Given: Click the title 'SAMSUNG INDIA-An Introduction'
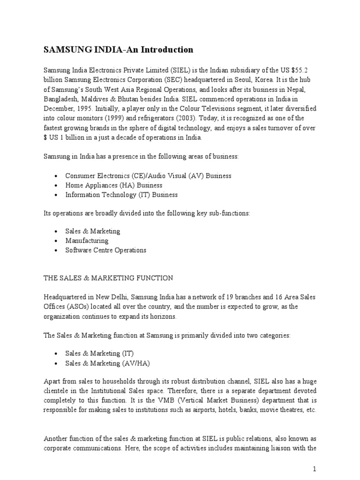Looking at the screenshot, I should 118,49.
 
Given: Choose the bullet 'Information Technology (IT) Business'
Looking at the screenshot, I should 121,195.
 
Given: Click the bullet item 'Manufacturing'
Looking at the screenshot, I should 87,240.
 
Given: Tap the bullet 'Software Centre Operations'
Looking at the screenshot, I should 105,250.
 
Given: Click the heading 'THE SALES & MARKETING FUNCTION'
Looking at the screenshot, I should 108,278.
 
